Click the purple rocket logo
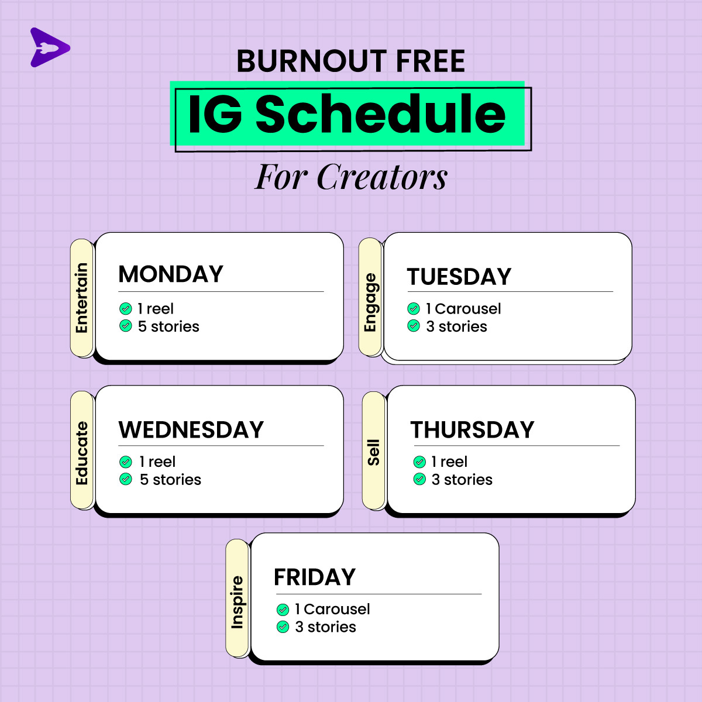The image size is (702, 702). [49, 47]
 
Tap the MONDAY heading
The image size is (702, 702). [171, 274]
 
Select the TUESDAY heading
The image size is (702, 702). [459, 277]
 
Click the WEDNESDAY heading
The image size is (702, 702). [191, 429]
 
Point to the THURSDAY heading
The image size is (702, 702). [472, 429]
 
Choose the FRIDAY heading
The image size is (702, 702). [315, 577]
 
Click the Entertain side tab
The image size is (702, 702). [82, 298]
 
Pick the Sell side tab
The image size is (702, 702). [373, 452]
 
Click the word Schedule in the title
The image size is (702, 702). [380, 114]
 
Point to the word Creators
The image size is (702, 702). [382, 177]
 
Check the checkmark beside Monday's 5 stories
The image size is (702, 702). [126, 326]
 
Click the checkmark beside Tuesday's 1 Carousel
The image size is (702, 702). [414, 308]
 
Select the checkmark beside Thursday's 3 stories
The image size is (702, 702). [419, 479]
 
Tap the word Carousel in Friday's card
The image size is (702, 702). [337, 609]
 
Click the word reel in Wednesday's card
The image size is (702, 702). [161, 462]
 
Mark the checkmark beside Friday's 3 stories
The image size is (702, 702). [283, 627]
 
